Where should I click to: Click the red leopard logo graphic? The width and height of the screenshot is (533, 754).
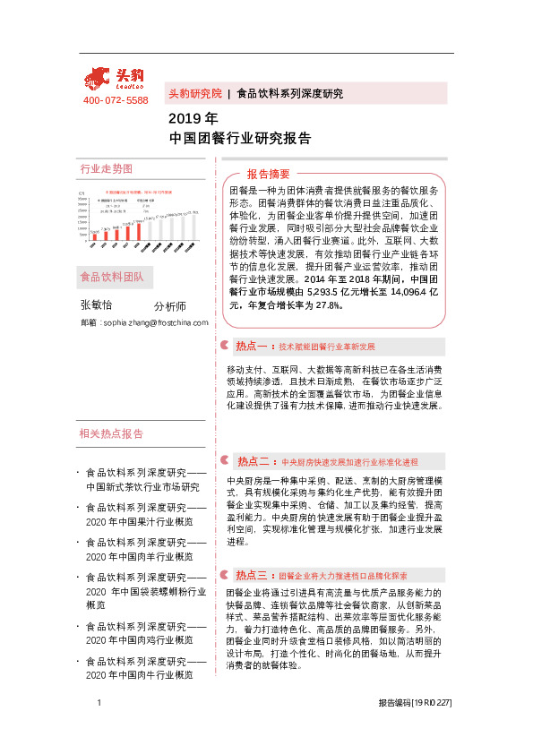click(x=101, y=80)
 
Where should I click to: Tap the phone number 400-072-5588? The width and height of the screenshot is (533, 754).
click(x=116, y=100)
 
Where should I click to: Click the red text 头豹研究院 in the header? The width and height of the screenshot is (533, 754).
click(x=194, y=93)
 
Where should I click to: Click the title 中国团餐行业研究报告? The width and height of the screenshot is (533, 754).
click(x=240, y=138)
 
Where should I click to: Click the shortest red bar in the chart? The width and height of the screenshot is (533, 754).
click(x=91, y=237)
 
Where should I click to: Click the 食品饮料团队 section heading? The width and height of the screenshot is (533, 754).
click(x=112, y=276)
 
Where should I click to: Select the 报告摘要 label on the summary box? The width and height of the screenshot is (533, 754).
click(x=269, y=174)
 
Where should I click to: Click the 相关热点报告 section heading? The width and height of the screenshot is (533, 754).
click(x=112, y=434)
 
